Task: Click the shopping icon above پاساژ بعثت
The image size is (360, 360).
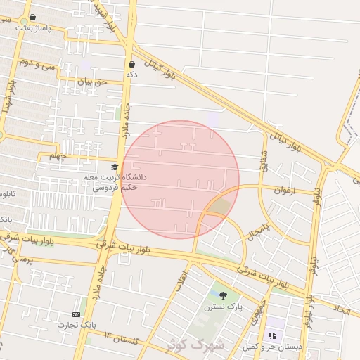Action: coord(32,17)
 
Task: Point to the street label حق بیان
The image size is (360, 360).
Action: coord(91,82)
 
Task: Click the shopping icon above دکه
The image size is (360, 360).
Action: coord(131,64)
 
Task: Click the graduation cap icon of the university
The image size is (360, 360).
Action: coord(115,167)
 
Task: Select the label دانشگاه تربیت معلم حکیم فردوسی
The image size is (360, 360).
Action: coord(115,183)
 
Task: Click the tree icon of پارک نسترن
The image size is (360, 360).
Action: coord(223,295)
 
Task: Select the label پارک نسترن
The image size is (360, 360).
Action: coord(223,307)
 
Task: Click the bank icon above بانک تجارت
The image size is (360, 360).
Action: coord(76,314)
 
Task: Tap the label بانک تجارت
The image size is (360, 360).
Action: coord(75,325)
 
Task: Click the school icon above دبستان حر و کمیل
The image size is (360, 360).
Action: coord(272,336)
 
